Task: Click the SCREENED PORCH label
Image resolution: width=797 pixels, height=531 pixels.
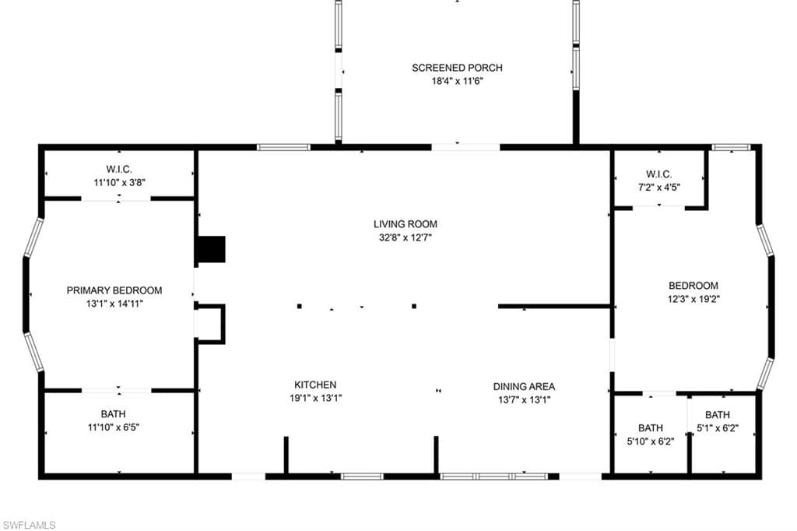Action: (x=457, y=68)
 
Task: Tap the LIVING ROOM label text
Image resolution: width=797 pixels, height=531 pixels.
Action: (x=405, y=223)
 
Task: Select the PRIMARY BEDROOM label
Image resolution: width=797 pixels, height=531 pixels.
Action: (x=114, y=290)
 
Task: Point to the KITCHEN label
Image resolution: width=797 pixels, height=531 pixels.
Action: (x=315, y=385)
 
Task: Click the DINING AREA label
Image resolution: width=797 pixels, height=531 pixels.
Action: (x=524, y=386)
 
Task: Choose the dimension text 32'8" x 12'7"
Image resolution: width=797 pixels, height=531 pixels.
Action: (x=405, y=237)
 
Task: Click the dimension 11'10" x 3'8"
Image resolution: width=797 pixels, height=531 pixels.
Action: (x=119, y=183)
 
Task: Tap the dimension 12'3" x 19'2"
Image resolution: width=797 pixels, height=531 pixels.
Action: (x=693, y=299)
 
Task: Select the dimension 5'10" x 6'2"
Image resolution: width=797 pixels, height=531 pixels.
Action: (x=651, y=441)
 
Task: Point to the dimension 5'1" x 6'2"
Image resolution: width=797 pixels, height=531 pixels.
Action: (x=717, y=428)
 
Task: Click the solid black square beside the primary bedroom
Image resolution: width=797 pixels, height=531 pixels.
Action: (x=211, y=249)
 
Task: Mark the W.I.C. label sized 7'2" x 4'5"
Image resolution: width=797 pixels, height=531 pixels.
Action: (x=658, y=174)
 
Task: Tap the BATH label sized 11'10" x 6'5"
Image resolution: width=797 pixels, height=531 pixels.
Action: (x=114, y=414)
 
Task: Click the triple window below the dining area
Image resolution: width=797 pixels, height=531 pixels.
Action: (x=494, y=476)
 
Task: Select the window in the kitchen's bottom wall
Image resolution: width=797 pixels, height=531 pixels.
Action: (x=362, y=476)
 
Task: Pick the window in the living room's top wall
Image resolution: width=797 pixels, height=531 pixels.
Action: (x=283, y=147)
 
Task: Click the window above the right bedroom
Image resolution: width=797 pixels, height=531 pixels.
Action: (x=731, y=147)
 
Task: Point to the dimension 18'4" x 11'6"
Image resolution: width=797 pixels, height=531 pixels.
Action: (x=457, y=81)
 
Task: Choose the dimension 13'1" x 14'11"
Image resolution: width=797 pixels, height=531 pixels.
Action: (x=114, y=304)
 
